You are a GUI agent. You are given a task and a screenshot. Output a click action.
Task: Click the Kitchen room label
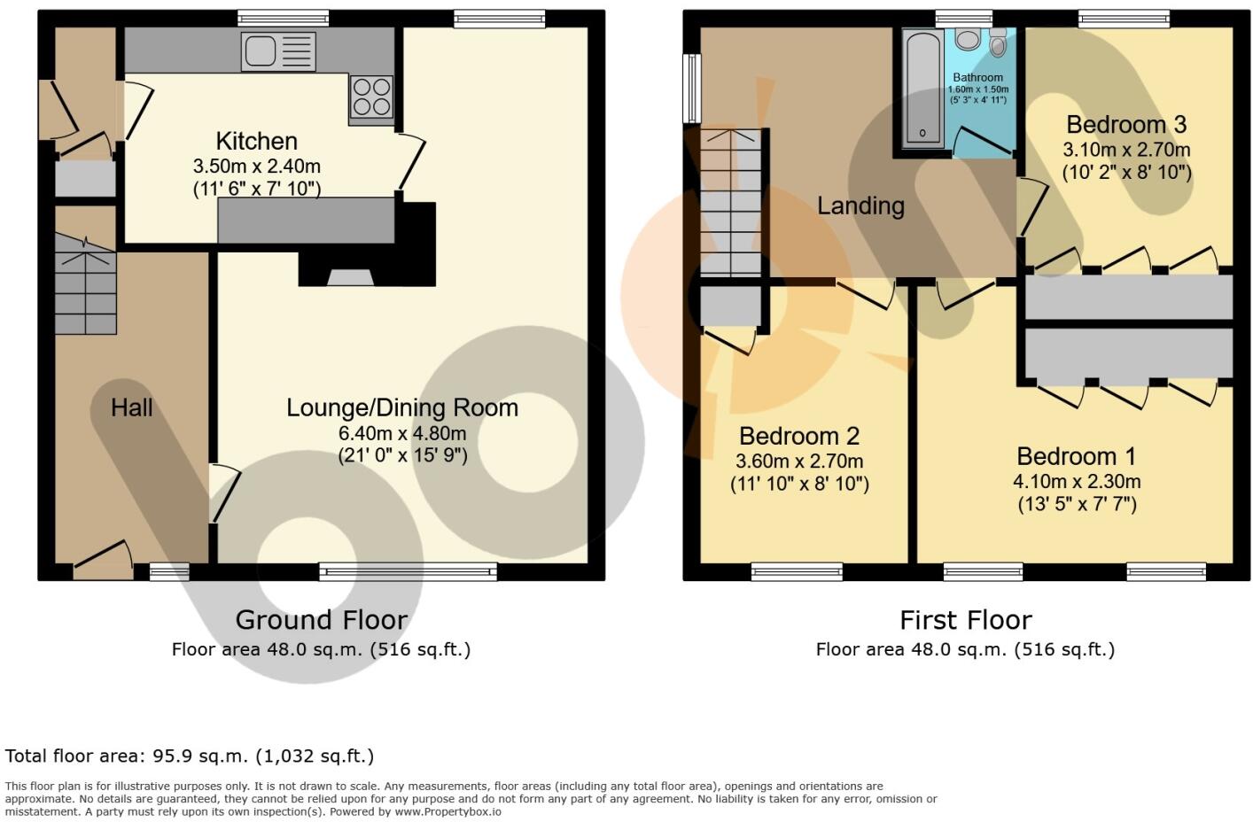click(256, 141)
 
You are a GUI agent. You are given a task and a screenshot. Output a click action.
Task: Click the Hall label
click(132, 407)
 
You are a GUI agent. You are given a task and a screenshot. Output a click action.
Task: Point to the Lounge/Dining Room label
click(401, 407)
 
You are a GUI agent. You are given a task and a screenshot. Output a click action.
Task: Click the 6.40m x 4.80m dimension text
click(401, 433)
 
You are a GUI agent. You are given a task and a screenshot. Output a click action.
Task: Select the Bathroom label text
click(978, 78)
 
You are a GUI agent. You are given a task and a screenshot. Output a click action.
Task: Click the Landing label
click(860, 206)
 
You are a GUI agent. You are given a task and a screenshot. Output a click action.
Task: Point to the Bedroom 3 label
click(1125, 124)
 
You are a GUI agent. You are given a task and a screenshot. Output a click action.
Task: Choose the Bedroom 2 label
click(798, 436)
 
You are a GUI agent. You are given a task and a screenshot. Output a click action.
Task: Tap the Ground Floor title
click(321, 619)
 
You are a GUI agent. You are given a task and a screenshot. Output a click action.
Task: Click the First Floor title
click(965, 619)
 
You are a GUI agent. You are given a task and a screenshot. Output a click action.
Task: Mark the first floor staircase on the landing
click(731, 204)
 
